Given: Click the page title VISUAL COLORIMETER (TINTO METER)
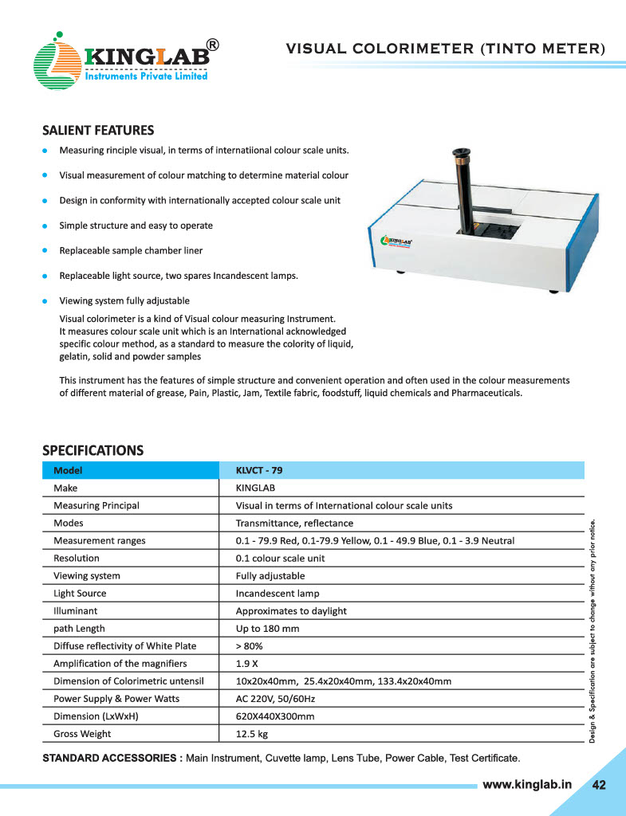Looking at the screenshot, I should [446, 49].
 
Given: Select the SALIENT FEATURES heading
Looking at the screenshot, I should [97, 130].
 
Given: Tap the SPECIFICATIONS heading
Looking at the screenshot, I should [93, 450].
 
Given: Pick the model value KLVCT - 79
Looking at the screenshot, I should [259, 470].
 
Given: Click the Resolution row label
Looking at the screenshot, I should [76, 558].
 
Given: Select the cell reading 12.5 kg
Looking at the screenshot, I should [252, 733].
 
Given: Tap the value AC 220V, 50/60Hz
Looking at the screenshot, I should [276, 698].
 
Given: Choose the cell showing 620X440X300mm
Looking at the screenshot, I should [275, 716].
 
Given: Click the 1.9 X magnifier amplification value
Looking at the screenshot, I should [246, 663].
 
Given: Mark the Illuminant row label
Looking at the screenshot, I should [77, 610].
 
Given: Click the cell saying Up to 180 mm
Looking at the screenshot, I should [267, 628].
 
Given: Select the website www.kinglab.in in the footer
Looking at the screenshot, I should [527, 784].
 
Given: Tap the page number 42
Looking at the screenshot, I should [599, 785].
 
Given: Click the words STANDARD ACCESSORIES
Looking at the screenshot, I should [112, 756].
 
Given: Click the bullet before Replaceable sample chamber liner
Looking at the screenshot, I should [45, 250].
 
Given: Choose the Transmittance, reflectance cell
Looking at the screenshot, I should [294, 523].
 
